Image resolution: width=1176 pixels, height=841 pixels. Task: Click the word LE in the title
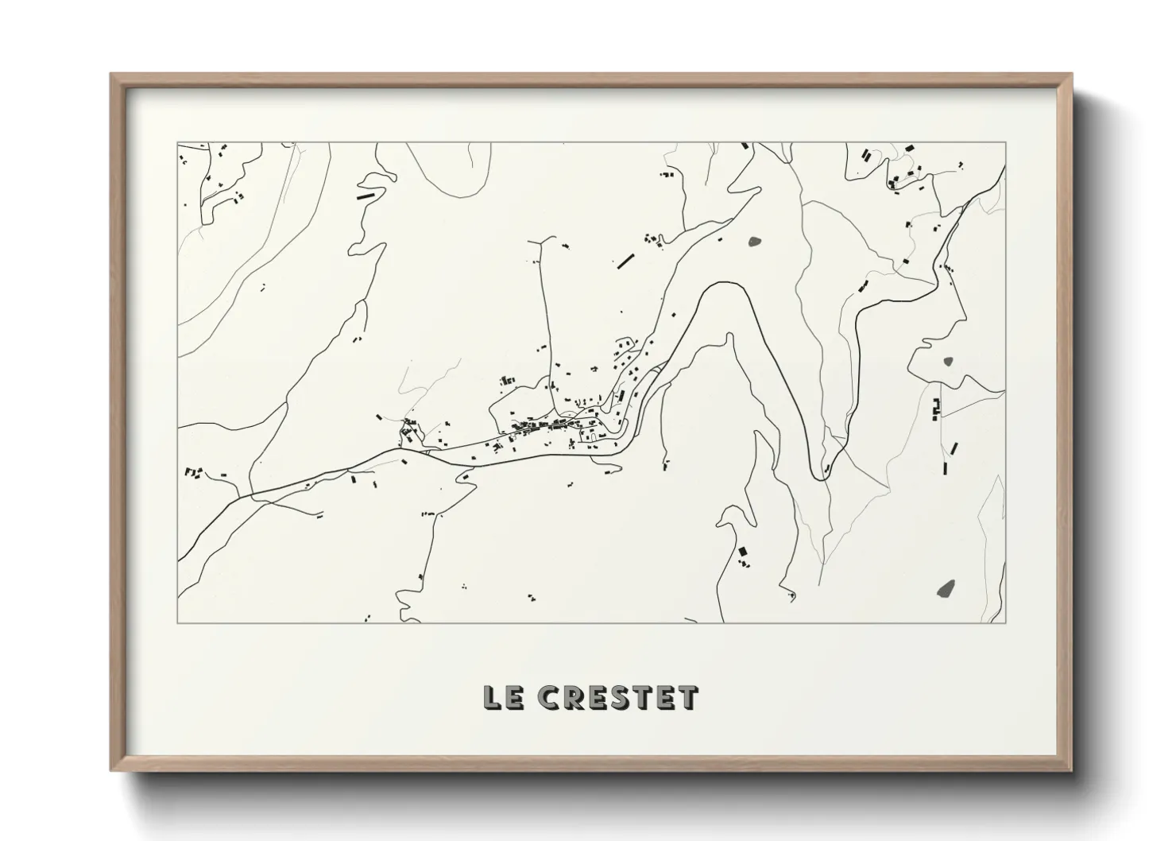point(498,697)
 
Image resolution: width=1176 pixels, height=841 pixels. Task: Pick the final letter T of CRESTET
point(687,697)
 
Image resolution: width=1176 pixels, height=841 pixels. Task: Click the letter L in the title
point(491,697)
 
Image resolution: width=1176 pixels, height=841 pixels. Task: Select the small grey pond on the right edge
point(948,362)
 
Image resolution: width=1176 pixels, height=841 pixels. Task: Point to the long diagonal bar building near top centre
point(626,259)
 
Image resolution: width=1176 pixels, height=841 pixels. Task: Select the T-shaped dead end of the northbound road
point(544,238)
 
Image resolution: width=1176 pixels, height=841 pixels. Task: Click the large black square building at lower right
point(743,551)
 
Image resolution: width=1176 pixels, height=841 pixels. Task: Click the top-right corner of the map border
point(1005,143)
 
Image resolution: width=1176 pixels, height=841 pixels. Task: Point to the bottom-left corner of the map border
point(177,622)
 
